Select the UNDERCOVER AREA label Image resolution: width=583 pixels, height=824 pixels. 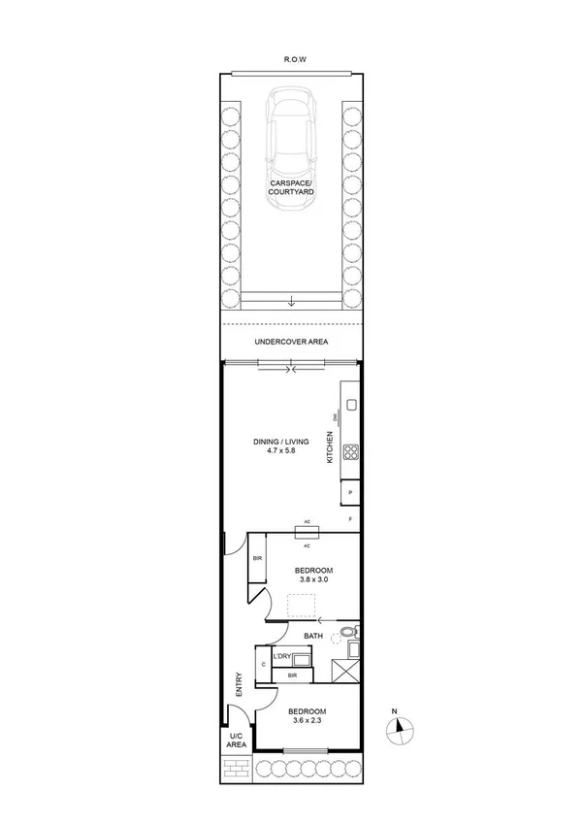coord(291,342)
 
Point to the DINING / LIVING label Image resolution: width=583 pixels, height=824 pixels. coord(280,442)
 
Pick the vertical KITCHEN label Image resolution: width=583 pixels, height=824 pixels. coord(330,449)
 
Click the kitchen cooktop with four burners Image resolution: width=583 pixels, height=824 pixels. coord(350,451)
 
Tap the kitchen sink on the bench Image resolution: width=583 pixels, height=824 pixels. coord(350,405)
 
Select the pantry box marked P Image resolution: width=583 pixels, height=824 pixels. coord(350,494)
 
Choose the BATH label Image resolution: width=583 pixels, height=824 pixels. coord(313,636)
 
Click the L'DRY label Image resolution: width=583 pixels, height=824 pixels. coord(282,657)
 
